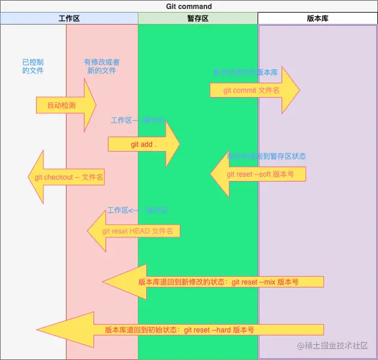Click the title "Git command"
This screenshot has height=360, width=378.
click(189, 7)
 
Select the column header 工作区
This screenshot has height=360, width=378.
click(69, 19)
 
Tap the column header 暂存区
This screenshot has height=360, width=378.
click(198, 19)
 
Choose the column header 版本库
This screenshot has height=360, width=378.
click(317, 19)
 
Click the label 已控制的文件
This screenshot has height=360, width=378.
click(33, 66)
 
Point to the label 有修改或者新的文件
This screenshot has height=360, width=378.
click(102, 66)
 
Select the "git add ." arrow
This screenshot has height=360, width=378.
click(144, 144)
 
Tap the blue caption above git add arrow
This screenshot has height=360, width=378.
click(138, 120)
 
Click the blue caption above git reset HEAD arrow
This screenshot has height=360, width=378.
click(137, 210)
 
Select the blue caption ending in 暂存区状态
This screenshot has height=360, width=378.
click(267, 156)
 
